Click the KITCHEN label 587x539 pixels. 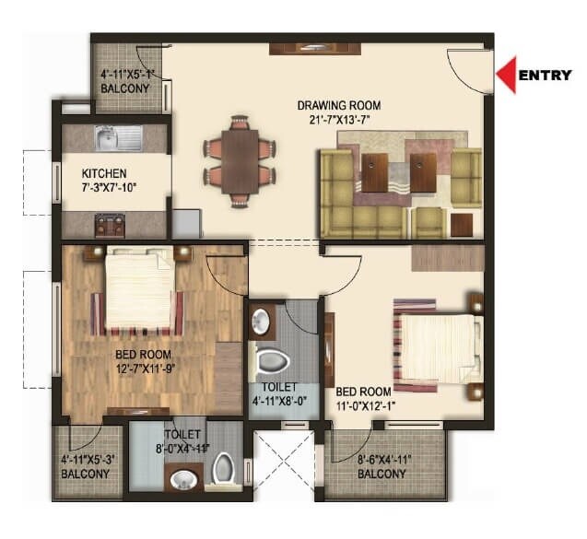(104, 173)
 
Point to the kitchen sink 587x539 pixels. (116, 140)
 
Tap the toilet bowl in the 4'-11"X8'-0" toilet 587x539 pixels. (274, 359)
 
